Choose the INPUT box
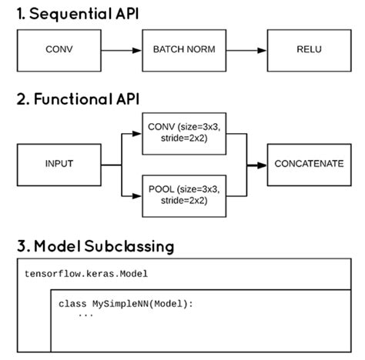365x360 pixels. [59, 164]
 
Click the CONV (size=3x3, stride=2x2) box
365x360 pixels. [182, 132]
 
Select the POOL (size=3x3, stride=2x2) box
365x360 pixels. [182, 195]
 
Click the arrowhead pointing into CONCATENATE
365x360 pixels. [261, 164]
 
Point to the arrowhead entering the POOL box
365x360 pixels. [138, 195]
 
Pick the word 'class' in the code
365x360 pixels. [72, 304]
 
